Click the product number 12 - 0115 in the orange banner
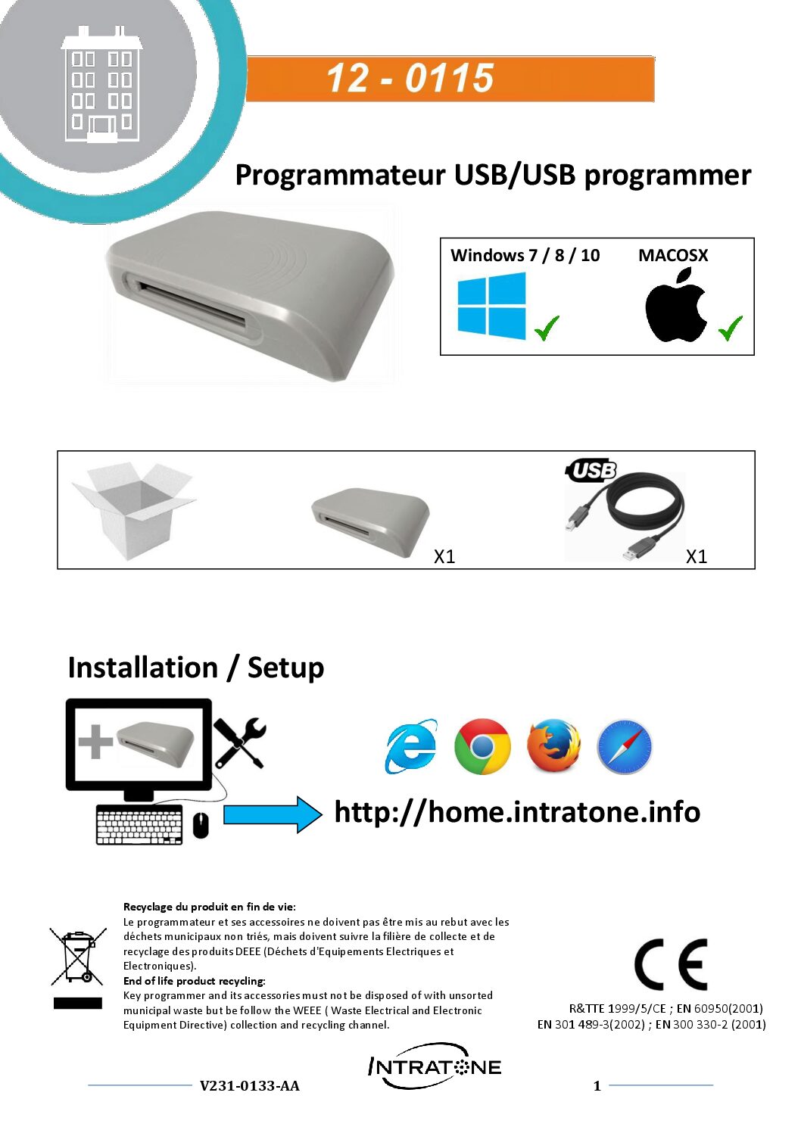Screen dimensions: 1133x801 click(410, 78)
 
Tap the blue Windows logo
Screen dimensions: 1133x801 click(491, 306)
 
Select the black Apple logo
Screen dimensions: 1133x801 click(675, 307)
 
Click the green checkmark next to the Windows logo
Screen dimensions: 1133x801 click(547, 328)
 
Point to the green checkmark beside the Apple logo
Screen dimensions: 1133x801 click(731, 328)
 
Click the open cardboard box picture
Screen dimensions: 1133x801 click(133, 511)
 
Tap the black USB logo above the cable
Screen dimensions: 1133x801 click(591, 471)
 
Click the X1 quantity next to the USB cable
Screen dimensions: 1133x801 click(696, 557)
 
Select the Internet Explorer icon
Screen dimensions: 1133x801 click(411, 746)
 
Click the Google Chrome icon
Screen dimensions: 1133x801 click(482, 746)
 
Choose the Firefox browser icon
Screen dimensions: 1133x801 click(553, 746)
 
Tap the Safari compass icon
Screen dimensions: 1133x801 click(624, 747)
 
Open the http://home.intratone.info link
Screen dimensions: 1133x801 click(517, 812)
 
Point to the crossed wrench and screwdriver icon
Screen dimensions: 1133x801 click(239, 742)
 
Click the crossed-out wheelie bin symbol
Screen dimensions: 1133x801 click(77, 957)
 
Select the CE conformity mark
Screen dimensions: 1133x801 click(671, 965)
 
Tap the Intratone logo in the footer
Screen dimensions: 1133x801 click(435, 1067)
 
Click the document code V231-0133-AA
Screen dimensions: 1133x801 click(249, 1086)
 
